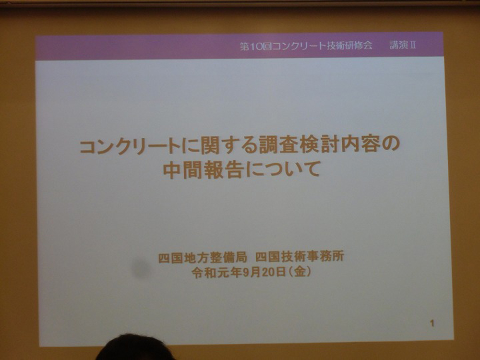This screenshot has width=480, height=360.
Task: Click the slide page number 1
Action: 432,323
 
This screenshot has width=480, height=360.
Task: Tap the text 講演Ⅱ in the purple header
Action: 403,46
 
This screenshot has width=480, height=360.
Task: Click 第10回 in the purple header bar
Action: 256,46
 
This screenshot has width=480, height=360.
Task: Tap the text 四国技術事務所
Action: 300,256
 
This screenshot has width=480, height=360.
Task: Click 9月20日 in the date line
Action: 264,272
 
